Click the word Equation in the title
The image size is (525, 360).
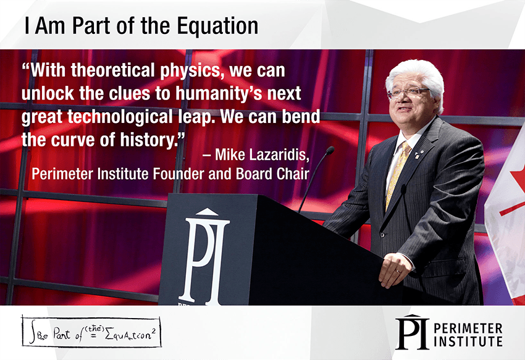coord(217,26)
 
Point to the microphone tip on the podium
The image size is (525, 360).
coord(330,150)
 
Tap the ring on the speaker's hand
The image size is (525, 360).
coord(397,272)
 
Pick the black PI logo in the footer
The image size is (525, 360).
coord(412,332)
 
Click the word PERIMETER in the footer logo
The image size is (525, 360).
coord(468,328)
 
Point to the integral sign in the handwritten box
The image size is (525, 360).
coord(33,332)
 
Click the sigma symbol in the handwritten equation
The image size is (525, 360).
coord(109,334)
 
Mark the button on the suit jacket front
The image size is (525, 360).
coord(382,235)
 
